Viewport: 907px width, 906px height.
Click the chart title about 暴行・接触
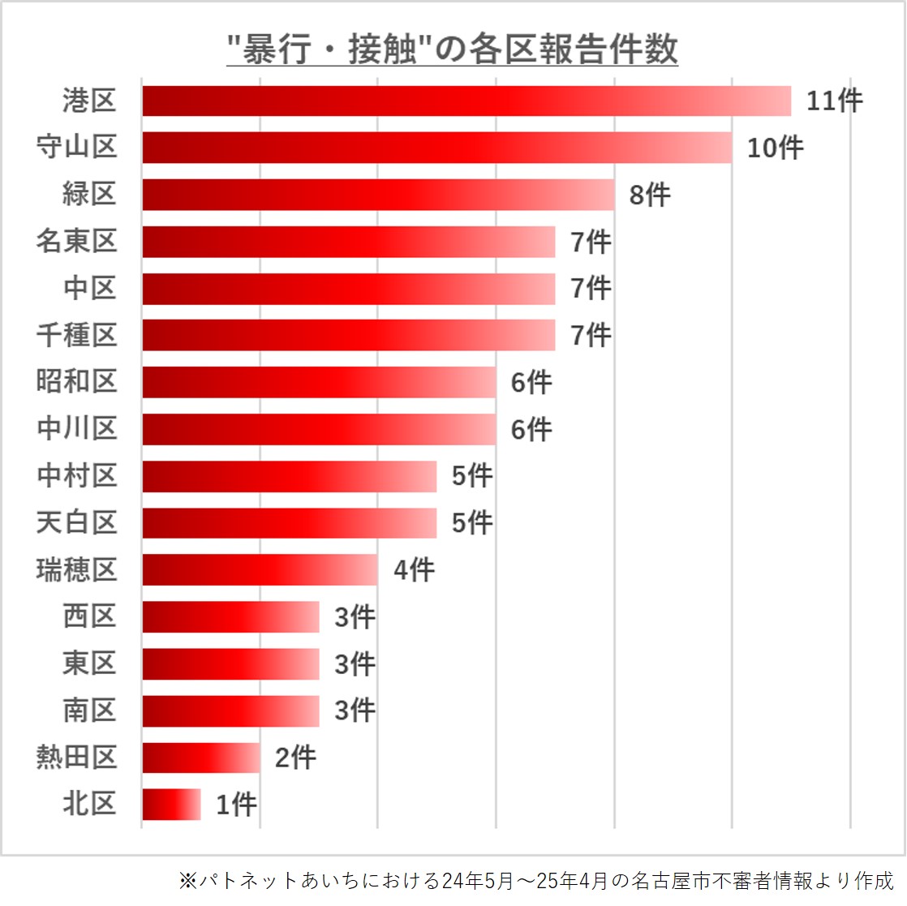[451, 50]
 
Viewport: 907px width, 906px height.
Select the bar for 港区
[466, 101]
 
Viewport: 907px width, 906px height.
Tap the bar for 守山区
[437, 148]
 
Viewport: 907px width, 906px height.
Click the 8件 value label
[650, 195]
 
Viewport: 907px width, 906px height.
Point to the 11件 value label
[834, 101]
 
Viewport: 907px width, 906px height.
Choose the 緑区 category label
[90, 195]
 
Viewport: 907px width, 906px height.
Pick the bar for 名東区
[349, 242]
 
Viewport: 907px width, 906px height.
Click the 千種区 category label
[77, 335]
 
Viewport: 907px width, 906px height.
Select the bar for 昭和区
[319, 382]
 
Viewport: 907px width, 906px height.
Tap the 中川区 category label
[77, 429]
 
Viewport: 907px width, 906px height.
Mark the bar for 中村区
[290, 476]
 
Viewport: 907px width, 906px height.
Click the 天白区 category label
[77, 522]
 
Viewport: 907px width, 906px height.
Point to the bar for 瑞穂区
[260, 569]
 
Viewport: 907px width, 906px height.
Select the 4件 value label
[414, 569]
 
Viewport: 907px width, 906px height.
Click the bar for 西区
[230, 616]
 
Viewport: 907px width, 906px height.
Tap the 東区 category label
[90, 663]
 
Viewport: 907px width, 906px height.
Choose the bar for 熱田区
[201, 758]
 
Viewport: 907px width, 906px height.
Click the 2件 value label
[295, 758]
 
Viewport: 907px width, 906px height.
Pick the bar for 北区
[171, 805]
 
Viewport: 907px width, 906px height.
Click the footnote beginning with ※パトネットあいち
[535, 880]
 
